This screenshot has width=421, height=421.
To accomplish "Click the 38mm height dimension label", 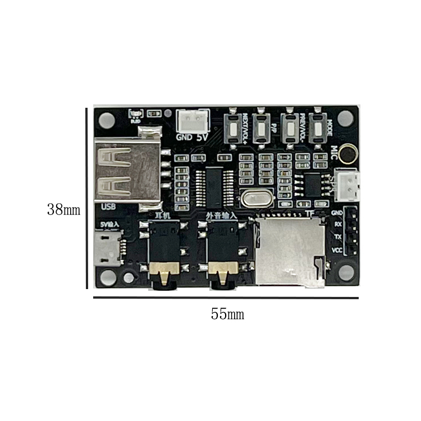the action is [63, 210].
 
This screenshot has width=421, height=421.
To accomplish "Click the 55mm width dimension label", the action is [227, 314].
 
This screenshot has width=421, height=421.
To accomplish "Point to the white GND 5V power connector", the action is [190, 121].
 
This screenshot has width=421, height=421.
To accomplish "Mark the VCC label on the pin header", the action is [337, 250].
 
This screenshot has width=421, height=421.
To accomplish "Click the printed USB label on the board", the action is [108, 207].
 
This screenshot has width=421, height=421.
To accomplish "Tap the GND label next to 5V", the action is [184, 136].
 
